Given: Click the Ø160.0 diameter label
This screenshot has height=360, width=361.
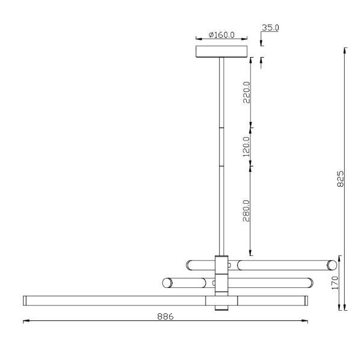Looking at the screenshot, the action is (221, 35).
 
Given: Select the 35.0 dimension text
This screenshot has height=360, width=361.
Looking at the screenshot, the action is (270, 28).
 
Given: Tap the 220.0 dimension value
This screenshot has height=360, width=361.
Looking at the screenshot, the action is (246, 93).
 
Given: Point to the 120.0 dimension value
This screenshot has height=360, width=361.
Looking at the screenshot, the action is (246, 147).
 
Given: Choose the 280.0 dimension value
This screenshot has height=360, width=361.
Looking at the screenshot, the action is (246, 210).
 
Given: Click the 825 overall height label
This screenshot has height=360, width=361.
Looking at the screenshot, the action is (340, 178).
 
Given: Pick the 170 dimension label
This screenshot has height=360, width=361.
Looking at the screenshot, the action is (336, 282).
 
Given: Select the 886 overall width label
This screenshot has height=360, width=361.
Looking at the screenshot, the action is (165, 317).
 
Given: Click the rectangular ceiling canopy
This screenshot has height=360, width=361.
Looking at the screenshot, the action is (221, 52).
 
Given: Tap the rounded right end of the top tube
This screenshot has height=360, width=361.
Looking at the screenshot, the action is (332, 265).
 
